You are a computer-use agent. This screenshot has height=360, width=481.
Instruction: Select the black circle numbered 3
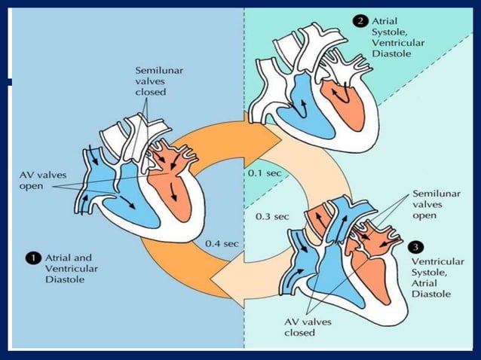415,246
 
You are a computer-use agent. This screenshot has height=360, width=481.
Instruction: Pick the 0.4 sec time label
222,244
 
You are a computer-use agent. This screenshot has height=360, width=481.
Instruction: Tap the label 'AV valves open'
38,180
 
